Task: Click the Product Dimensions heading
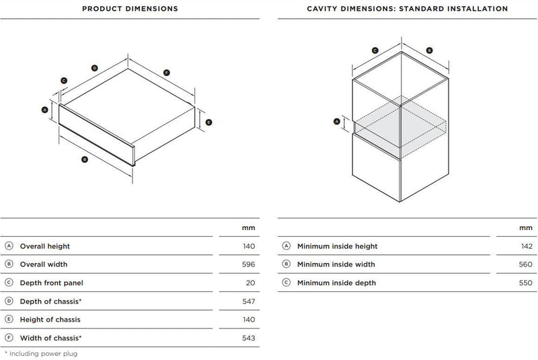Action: [130, 9]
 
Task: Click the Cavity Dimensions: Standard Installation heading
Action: [408, 9]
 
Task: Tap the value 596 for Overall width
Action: [248, 264]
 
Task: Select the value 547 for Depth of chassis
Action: [248, 301]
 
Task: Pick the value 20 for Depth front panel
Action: [250, 283]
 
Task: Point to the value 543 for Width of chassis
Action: [248, 338]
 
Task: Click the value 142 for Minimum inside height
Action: [527, 246]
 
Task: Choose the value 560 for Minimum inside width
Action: [526, 264]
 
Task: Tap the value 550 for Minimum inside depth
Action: [526, 283]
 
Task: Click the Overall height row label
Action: [45, 246]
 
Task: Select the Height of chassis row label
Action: [50, 320]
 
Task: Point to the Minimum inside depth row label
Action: [337, 283]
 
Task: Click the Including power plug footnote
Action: [41, 353]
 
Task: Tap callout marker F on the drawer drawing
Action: [166, 73]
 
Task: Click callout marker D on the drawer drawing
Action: [95, 68]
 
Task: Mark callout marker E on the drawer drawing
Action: [208, 122]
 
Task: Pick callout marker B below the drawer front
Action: [85, 159]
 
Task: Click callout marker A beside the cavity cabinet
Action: [337, 122]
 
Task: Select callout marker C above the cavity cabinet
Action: [375, 50]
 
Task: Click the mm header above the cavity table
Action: [526, 228]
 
